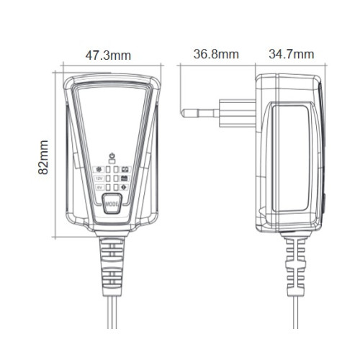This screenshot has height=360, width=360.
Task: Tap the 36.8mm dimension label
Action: coord(215,54)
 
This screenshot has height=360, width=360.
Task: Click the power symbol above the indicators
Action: coord(112,156)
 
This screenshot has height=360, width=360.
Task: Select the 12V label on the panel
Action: coord(99,179)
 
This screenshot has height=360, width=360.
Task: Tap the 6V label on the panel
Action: coord(99,187)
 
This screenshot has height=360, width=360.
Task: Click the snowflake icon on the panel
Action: coord(99,169)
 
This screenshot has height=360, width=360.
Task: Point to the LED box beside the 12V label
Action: coord(108,179)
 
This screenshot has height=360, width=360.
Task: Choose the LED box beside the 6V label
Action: coord(108,187)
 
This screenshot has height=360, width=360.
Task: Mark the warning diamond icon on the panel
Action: coord(125,187)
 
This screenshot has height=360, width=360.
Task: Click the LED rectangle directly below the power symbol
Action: coord(112,161)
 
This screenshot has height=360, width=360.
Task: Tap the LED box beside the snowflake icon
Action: coord(108,169)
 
